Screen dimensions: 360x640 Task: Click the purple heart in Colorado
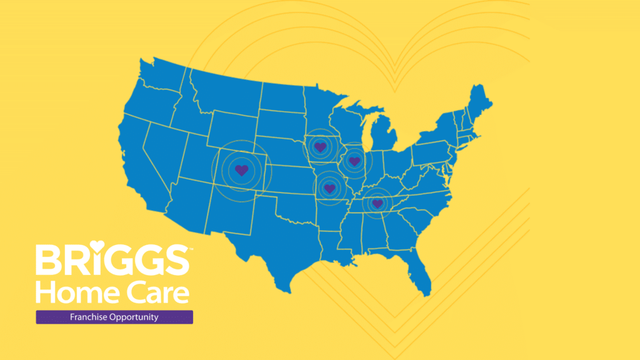click(x=241, y=169)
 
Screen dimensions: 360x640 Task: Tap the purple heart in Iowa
click(x=320, y=147)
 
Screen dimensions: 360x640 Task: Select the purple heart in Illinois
click(x=354, y=161)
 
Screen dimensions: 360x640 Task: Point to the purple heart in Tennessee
click(x=377, y=203)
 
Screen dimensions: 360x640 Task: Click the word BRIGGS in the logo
click(x=111, y=260)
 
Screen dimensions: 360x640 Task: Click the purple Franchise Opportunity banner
click(x=114, y=317)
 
